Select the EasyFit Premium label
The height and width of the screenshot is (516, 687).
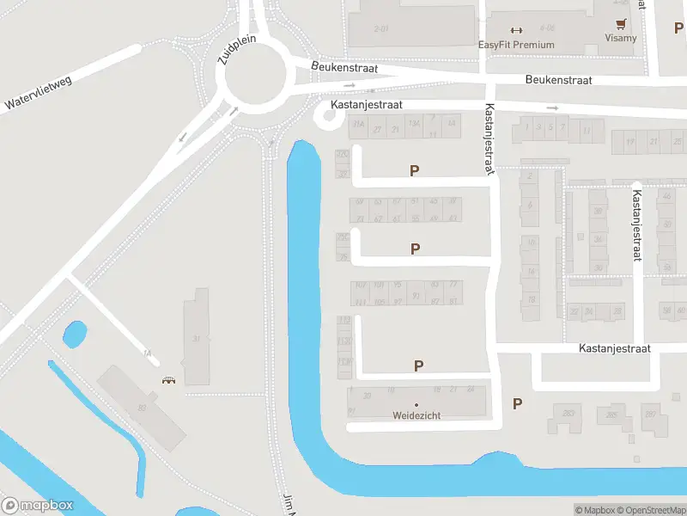tap(516, 45)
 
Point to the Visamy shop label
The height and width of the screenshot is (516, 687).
tap(620, 39)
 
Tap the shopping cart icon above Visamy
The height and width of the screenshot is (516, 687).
tap(620, 24)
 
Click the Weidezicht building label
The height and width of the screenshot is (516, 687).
tap(416, 415)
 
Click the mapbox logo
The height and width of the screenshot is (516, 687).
tap(38, 506)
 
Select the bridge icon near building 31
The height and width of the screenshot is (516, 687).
tap(168, 381)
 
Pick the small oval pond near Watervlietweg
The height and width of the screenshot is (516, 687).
tap(75, 334)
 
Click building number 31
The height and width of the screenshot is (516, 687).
tap(197, 339)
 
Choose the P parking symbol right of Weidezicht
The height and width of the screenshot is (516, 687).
tap(517, 403)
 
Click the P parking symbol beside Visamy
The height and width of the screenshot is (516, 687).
tap(679, 28)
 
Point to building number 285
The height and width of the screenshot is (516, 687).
tap(611, 415)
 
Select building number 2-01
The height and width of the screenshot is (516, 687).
tap(382, 29)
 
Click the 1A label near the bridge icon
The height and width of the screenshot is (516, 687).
tap(146, 353)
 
